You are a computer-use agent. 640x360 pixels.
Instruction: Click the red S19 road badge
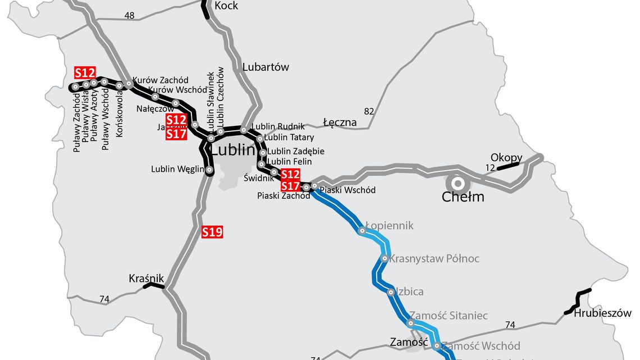pos(212,231)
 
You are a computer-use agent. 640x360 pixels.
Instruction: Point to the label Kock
pos(226,6)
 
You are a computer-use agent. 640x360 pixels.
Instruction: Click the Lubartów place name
pos(266,67)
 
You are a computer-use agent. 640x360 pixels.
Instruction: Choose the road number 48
pos(130,16)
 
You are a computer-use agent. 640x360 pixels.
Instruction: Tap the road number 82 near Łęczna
pos(369,111)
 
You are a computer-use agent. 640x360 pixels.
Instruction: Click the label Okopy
pos(506,157)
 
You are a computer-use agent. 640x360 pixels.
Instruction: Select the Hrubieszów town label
pos(602,313)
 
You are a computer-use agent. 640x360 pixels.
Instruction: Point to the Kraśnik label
pos(146,278)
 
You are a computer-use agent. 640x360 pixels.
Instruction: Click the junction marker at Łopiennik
pos(362,230)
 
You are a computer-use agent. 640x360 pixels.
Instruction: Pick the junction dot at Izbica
pos(391,292)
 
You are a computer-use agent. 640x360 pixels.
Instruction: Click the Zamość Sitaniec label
pos(448,316)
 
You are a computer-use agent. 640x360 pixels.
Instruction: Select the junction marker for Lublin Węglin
pos(209,169)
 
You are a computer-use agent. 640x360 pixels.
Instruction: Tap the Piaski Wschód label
pos(348,190)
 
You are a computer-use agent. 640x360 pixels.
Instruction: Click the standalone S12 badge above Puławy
pos(85,72)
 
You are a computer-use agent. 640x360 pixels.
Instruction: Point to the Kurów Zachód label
pos(161,80)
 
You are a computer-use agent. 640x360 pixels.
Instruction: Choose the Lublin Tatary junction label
pos(289,137)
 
